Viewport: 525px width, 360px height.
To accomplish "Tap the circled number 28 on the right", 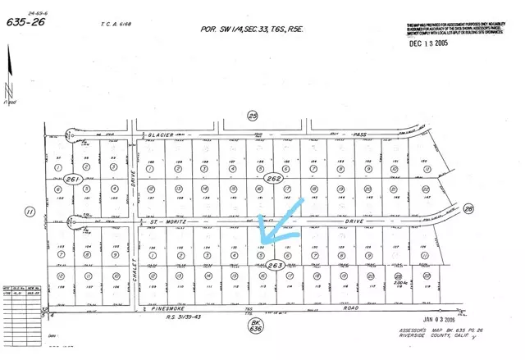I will coord(469,209).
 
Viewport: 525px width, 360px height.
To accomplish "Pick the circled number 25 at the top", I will coord(253,116).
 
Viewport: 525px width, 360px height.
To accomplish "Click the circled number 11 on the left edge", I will coord(30,212).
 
